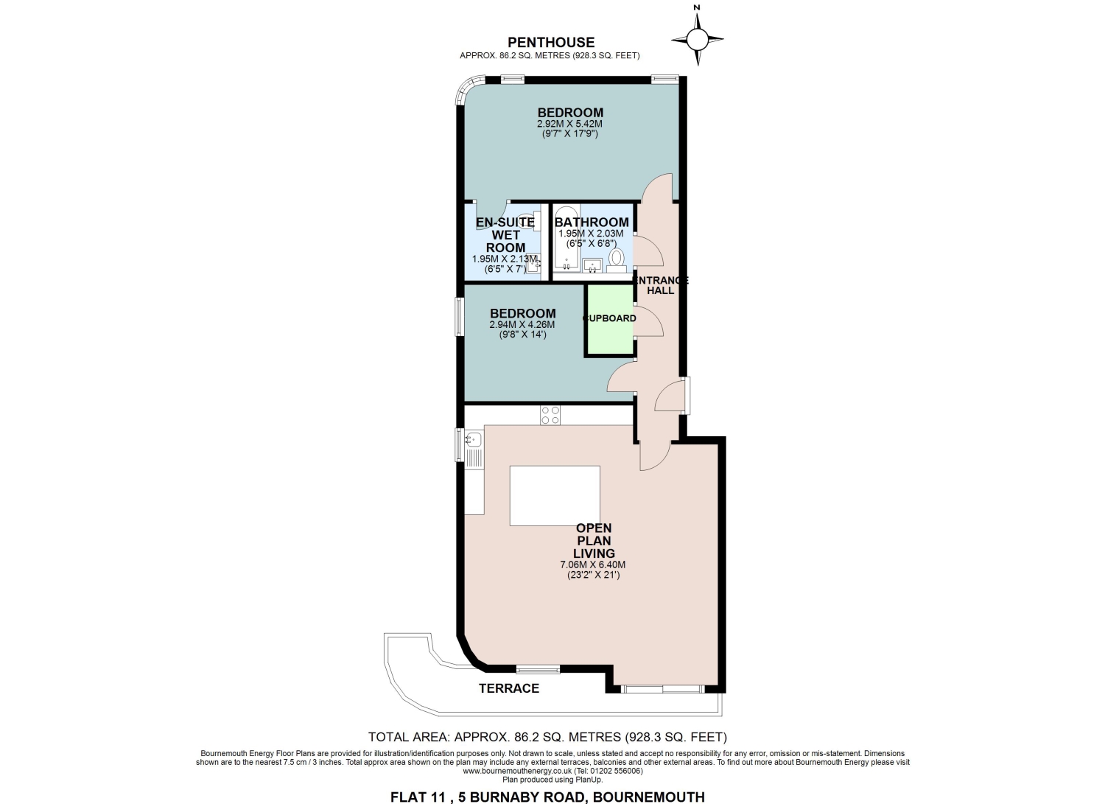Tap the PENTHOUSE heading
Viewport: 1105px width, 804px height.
tap(551, 43)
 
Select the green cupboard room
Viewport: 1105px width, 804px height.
tap(609, 320)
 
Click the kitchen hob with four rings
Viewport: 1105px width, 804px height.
tap(550, 415)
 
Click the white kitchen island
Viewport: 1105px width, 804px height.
tap(555, 495)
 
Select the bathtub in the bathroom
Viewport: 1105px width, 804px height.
tap(566, 237)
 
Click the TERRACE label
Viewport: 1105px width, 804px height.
tap(509, 688)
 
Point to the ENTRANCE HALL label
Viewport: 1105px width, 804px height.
tap(660, 285)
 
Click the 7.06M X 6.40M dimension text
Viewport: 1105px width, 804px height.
tap(593, 564)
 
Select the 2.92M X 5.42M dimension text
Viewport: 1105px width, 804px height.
tap(569, 124)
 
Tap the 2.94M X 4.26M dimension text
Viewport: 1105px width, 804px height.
tap(522, 325)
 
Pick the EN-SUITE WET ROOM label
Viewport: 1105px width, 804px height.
tap(505, 235)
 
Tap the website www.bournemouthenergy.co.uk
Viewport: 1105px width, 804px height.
tap(517, 771)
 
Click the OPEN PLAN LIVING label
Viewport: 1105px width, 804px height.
tap(594, 540)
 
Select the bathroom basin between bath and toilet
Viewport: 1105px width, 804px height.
tap(592, 265)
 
